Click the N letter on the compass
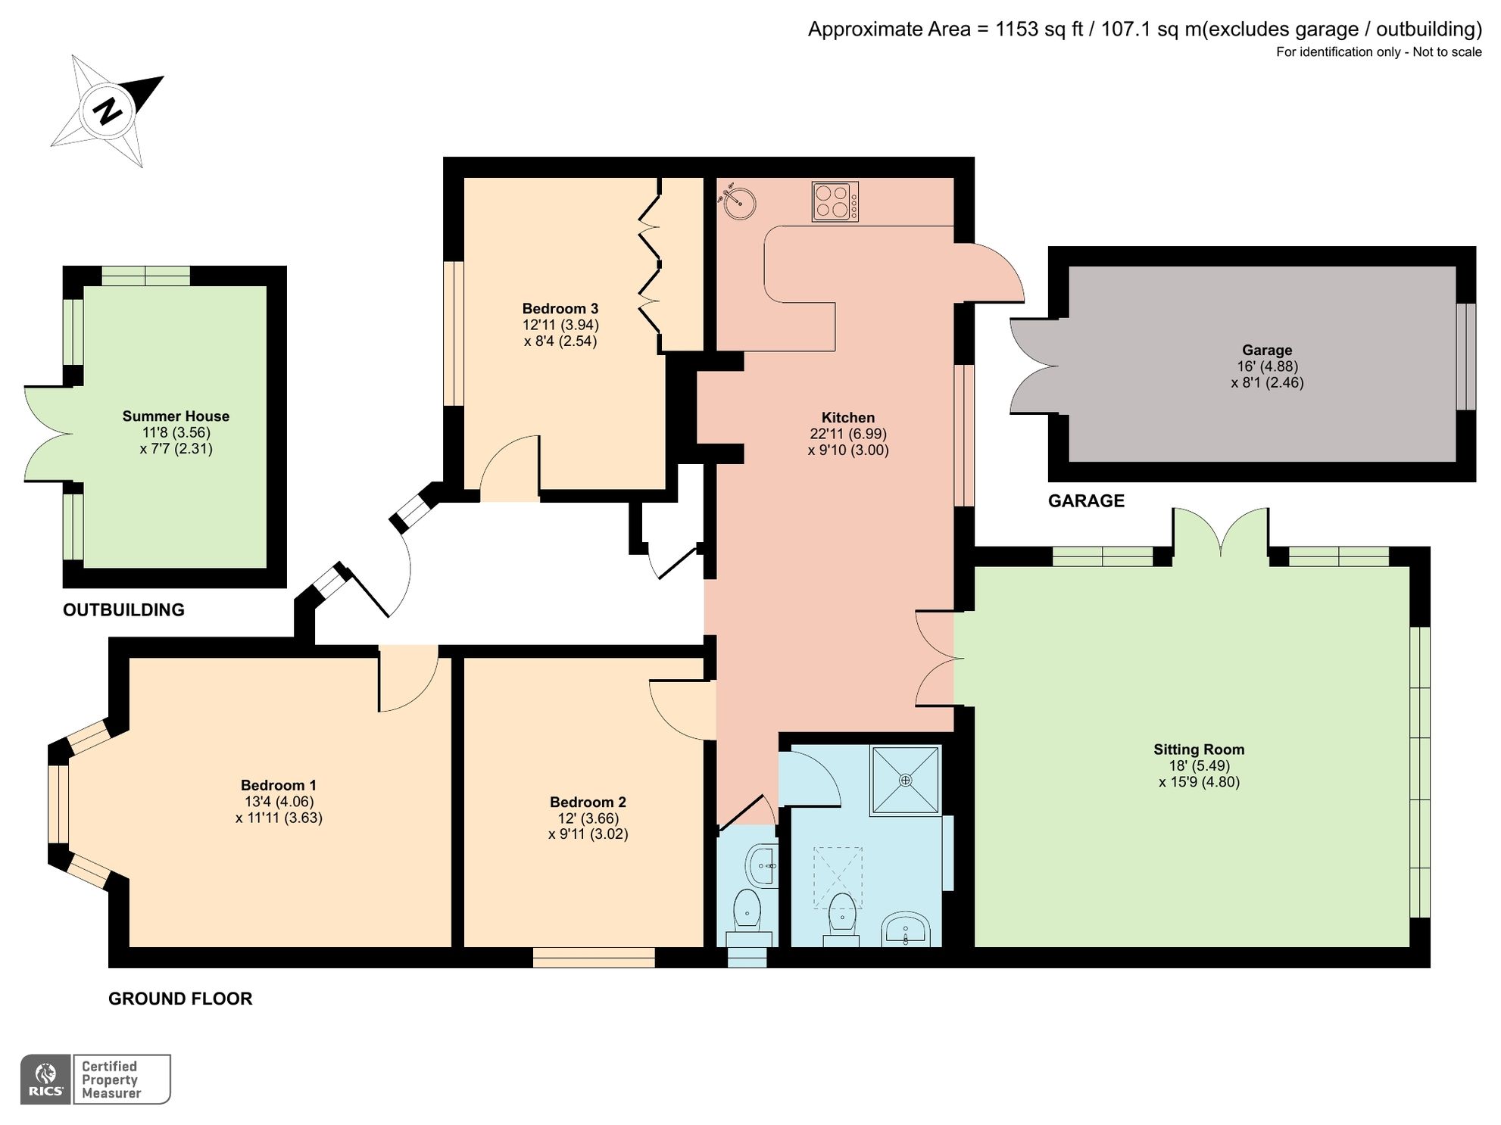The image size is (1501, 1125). (x=108, y=111)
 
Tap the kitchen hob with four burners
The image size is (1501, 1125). (x=835, y=201)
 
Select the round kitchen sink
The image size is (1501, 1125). (x=738, y=201)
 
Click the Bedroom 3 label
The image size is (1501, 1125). (x=560, y=308)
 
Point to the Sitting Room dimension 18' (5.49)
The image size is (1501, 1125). (x=1199, y=765)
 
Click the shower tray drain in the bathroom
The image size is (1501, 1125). (x=905, y=780)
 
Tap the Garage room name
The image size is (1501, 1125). (x=1266, y=350)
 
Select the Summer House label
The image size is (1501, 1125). (x=176, y=416)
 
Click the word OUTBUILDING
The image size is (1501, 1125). (x=123, y=609)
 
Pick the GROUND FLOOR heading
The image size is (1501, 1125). (x=180, y=999)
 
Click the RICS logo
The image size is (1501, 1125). (x=46, y=1079)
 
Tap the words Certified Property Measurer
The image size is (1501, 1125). (x=111, y=1079)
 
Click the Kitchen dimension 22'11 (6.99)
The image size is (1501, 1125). (x=847, y=434)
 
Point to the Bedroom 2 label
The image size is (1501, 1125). (x=588, y=802)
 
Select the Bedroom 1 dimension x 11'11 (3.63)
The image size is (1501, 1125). (x=279, y=818)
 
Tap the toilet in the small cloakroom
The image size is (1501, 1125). (x=747, y=913)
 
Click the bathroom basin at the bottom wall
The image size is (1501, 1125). (x=906, y=930)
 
